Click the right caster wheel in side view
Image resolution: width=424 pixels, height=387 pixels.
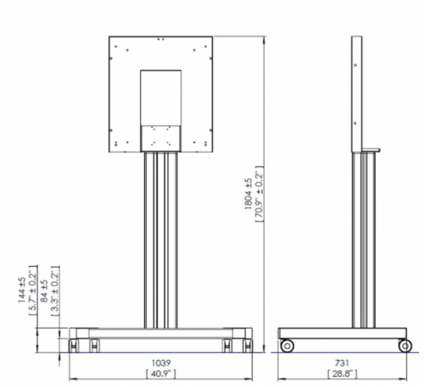[x=406, y=345]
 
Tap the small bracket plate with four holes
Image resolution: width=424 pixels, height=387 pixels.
[x=161, y=136]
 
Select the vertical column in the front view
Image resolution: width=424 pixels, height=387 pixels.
[x=161, y=241]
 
